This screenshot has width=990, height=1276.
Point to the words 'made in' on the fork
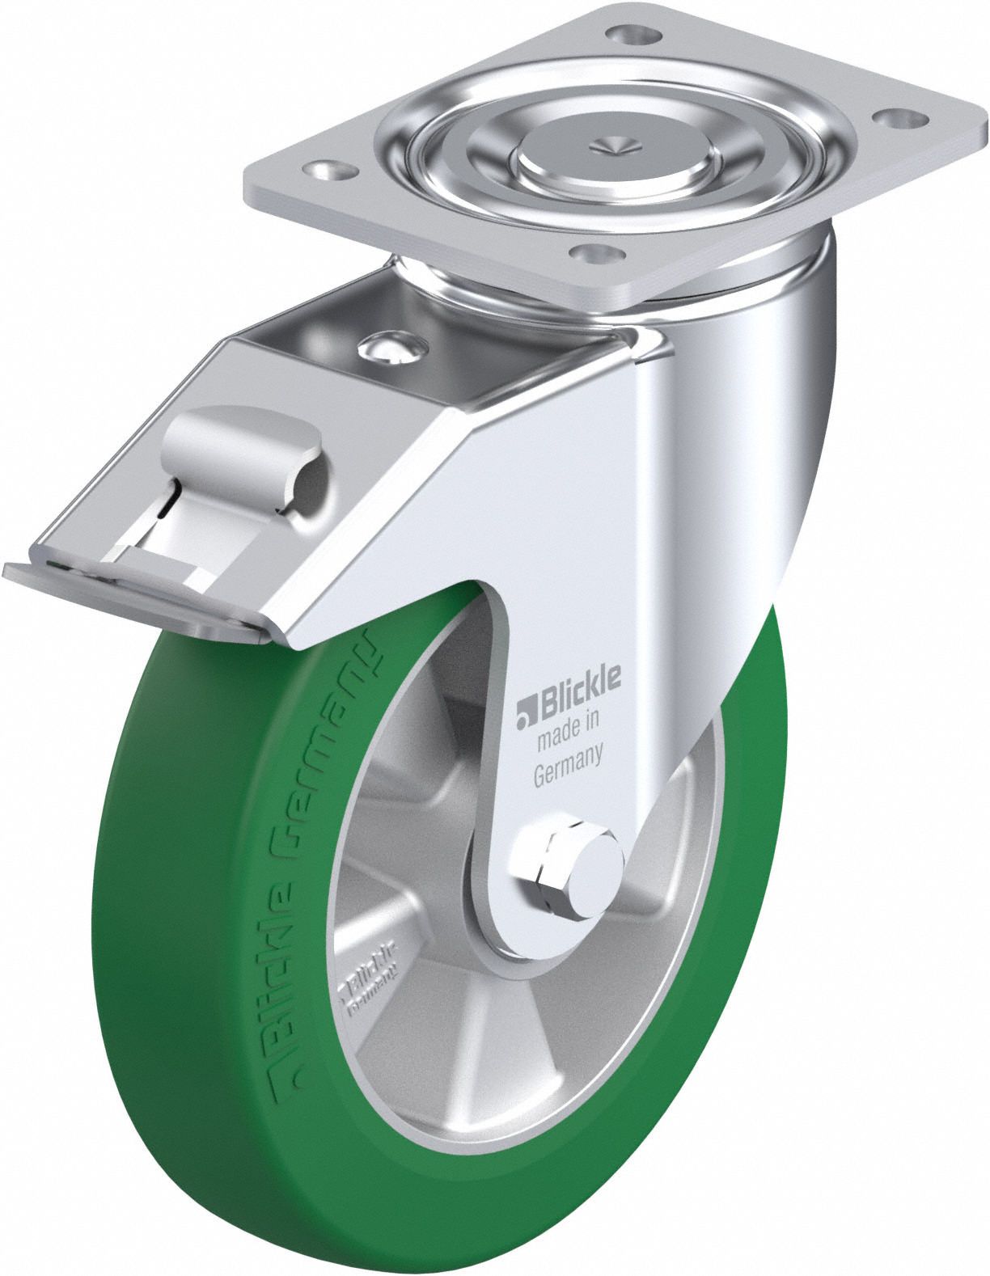(569, 729)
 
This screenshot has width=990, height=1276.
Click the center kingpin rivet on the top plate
(613, 149)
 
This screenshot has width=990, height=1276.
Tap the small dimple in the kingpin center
(613, 145)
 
